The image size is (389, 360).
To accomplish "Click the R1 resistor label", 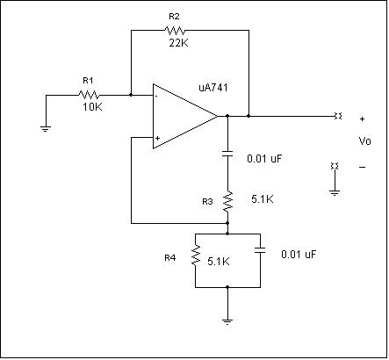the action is pyautogui.click(x=88, y=81).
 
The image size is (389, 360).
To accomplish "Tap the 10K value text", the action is pyautogui.click(x=92, y=107).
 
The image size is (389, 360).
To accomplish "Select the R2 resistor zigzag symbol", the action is pyautogui.click(x=175, y=30).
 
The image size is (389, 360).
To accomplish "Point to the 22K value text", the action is pyautogui.click(x=178, y=43).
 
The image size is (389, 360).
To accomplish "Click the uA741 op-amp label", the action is pyautogui.click(x=213, y=88).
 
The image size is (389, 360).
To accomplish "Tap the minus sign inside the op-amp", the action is pyautogui.click(x=157, y=96).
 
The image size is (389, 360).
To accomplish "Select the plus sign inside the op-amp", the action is pyautogui.click(x=157, y=138).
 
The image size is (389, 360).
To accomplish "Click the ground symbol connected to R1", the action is pyautogui.click(x=46, y=129).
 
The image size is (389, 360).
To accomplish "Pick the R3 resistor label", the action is pyautogui.click(x=207, y=202).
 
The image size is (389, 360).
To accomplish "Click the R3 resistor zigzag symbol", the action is pyautogui.click(x=227, y=202).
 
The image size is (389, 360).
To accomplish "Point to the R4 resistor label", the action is pyautogui.click(x=170, y=258).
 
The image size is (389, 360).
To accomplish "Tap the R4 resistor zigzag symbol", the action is pyautogui.click(x=196, y=256).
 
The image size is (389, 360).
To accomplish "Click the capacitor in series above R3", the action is pyautogui.click(x=227, y=154).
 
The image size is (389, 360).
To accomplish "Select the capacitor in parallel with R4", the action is pyautogui.click(x=260, y=250).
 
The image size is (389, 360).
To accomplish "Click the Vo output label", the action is pyautogui.click(x=364, y=141).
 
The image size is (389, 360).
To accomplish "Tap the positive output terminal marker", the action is pyautogui.click(x=338, y=116).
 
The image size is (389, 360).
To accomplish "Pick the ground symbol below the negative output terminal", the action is pyautogui.click(x=335, y=192).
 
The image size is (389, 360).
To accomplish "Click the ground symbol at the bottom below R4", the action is pyautogui.click(x=227, y=321).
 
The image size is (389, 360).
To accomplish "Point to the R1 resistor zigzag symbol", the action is pyautogui.click(x=89, y=95).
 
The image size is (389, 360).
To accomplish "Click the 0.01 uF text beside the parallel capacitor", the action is pyautogui.click(x=299, y=254).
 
